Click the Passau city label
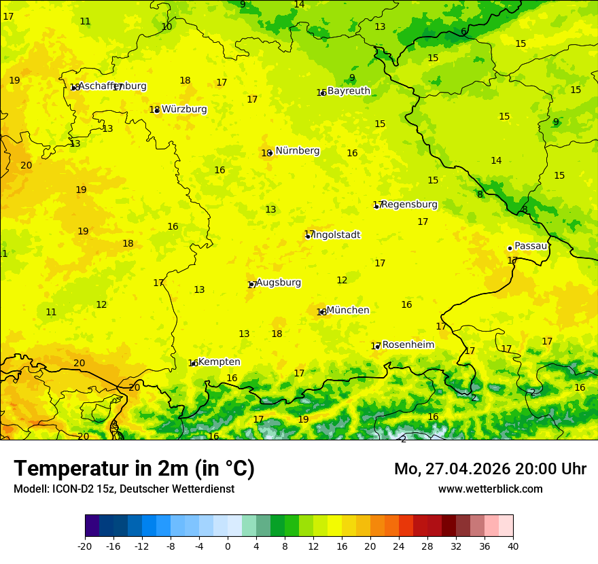pyautogui.click(x=531, y=246)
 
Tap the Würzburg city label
pyautogui.click(x=183, y=109)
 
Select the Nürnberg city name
pyautogui.click(x=297, y=151)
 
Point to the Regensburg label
pyautogui.click(x=409, y=205)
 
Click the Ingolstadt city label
pyautogui.click(x=336, y=235)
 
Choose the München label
pyautogui.click(x=348, y=311)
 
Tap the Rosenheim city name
pyautogui.click(x=408, y=345)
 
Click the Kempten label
pyautogui.click(x=219, y=362)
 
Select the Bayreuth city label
pyautogui.click(x=349, y=91)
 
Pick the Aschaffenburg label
pyautogui.click(x=112, y=86)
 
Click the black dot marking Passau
pyautogui.click(x=510, y=248)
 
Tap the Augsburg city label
pyautogui.click(x=278, y=283)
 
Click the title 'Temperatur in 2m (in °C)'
pyautogui.click(x=134, y=468)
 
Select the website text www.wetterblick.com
pyautogui.click(x=490, y=489)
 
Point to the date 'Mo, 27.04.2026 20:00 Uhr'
pyautogui.click(x=490, y=469)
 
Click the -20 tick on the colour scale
pyautogui.click(x=84, y=546)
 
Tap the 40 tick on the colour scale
pyautogui.click(x=512, y=546)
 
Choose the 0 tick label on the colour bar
pyautogui.click(x=228, y=546)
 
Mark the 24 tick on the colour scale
pyautogui.click(x=399, y=546)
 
